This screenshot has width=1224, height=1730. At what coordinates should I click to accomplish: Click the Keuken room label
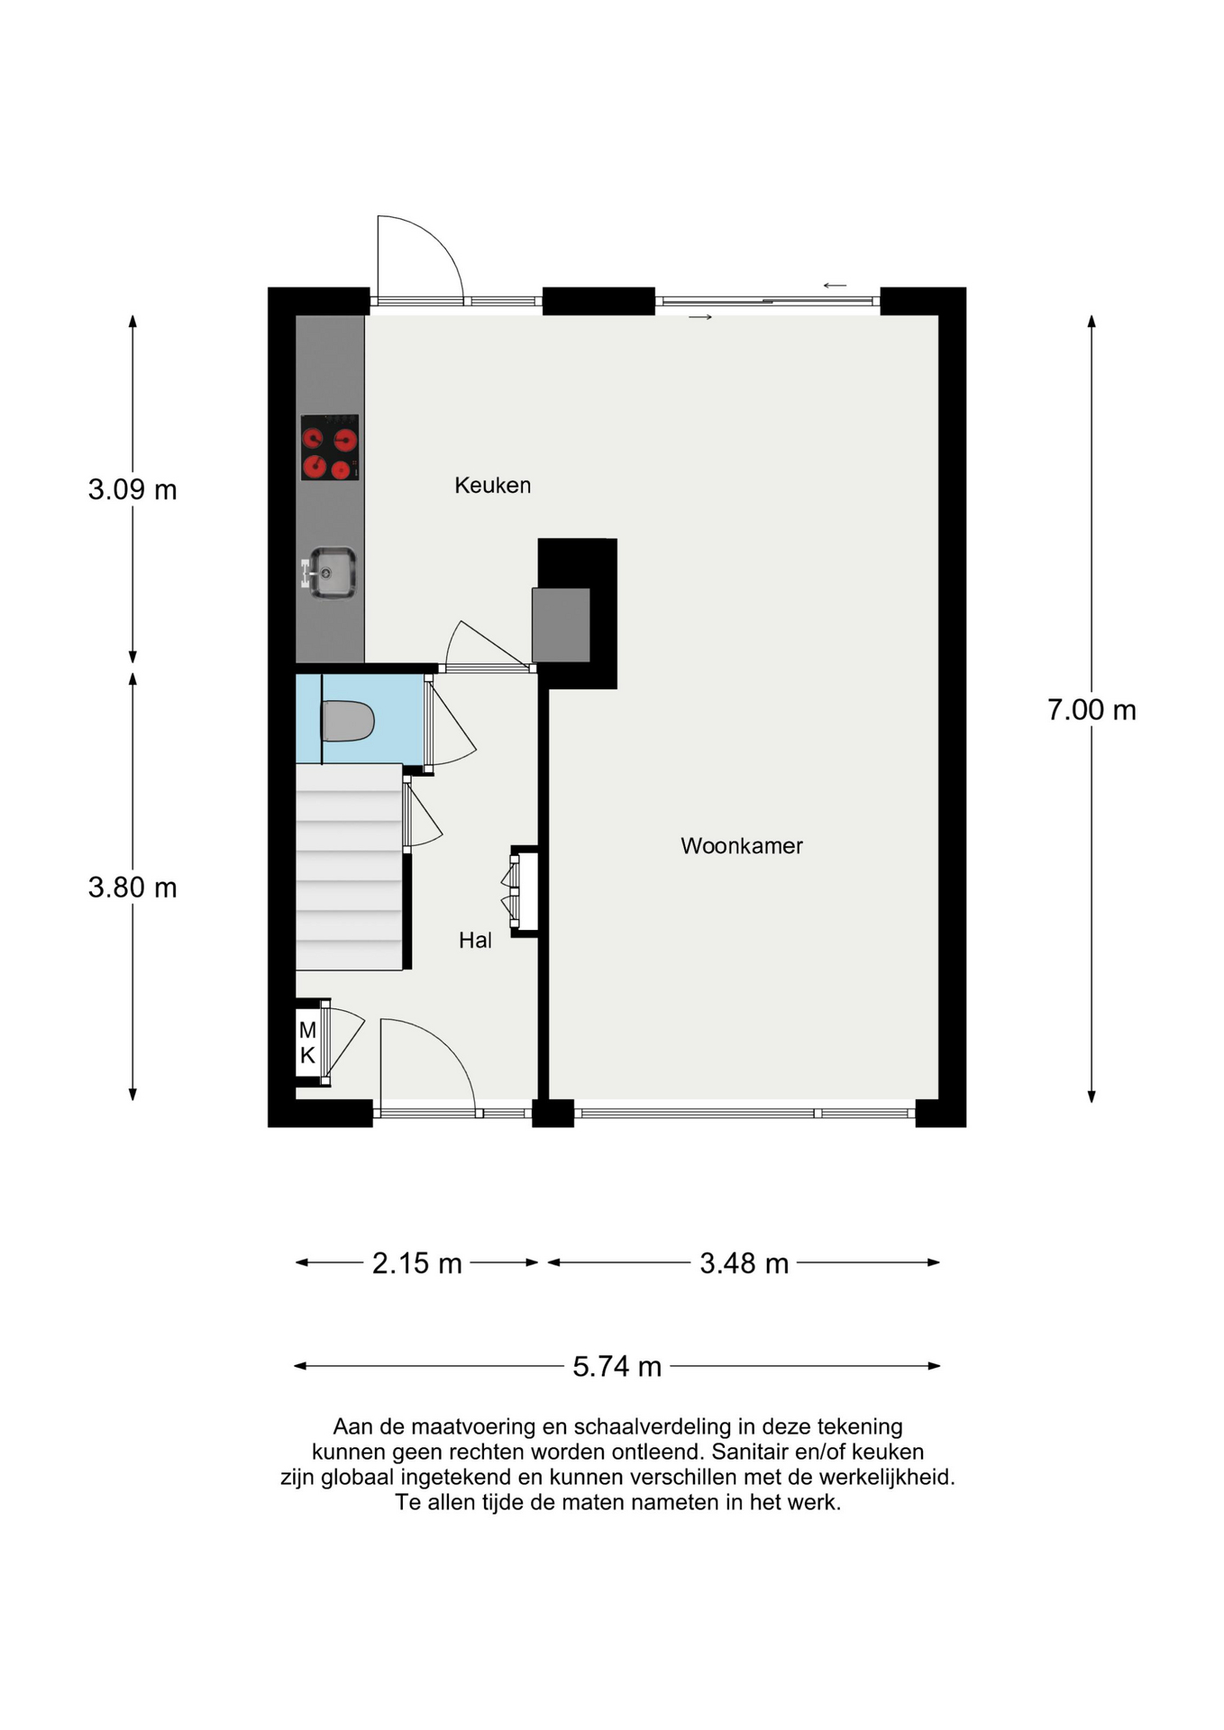[x=492, y=486]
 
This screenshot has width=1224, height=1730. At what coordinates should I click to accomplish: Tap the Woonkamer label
[x=741, y=846]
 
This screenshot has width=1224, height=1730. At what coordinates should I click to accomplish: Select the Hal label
[x=475, y=941]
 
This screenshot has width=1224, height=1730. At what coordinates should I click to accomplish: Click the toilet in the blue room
[x=348, y=721]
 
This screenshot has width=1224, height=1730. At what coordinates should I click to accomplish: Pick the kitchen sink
[x=330, y=572]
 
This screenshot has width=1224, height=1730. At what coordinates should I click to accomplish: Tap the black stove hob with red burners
[x=330, y=447]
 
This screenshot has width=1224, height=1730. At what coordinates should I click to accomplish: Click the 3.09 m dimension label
[x=132, y=490]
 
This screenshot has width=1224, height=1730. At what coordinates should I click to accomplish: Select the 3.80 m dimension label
[x=132, y=888]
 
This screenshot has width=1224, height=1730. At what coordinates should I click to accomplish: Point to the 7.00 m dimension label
[x=1092, y=710]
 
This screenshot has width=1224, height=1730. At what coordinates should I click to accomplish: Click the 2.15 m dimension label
[x=417, y=1263]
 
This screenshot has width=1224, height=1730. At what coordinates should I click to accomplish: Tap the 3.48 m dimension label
[x=744, y=1263]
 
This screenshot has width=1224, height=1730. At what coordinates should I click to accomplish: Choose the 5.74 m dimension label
[x=617, y=1367]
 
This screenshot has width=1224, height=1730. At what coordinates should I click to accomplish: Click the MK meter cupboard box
[x=308, y=1043]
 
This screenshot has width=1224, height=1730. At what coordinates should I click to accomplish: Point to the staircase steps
[x=349, y=867]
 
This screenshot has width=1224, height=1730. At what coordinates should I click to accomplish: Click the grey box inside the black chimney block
[x=561, y=625]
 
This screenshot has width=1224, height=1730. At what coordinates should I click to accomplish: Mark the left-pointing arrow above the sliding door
[x=835, y=286]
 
